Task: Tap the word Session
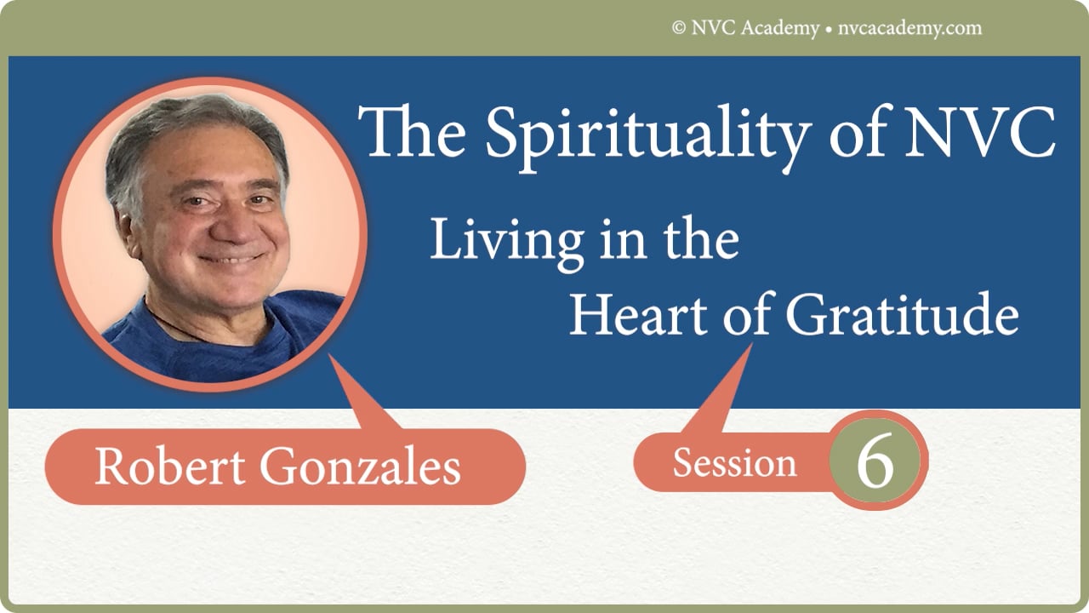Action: [x=734, y=463]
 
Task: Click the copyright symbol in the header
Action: [x=679, y=28]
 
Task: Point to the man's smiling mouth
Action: [x=230, y=258]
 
